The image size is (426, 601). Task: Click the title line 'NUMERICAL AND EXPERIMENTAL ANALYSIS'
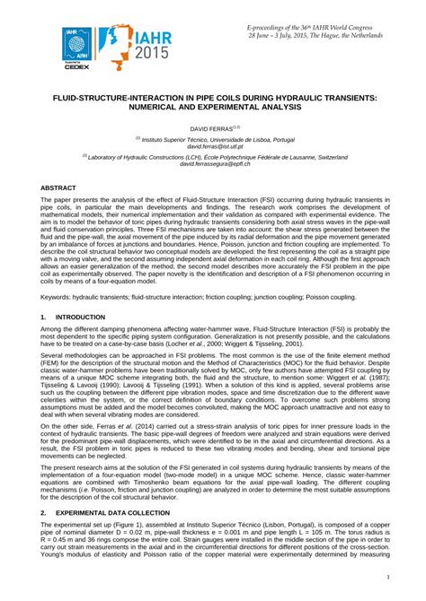click(213, 107)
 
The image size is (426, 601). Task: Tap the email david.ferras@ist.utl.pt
click(213, 145)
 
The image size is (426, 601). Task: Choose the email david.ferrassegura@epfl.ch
click(213, 164)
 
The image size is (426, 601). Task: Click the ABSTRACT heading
click(58, 187)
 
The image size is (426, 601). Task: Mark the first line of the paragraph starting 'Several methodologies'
click(213, 355)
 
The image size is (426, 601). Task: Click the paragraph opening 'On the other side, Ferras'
click(213, 429)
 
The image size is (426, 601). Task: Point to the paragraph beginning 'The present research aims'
click(213, 480)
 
